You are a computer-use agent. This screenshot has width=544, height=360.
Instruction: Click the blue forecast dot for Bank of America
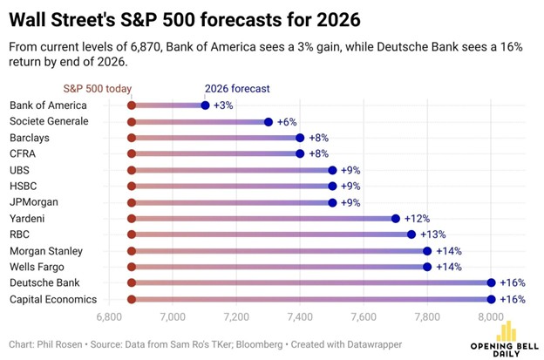tap(205, 105)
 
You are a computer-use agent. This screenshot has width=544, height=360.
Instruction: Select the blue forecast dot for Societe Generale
tap(269, 122)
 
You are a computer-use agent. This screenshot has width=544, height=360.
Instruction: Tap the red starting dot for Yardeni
tap(132, 219)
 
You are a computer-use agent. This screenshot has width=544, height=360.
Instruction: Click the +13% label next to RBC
tap(433, 234)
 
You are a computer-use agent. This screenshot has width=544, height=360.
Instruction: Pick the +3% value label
tap(224, 105)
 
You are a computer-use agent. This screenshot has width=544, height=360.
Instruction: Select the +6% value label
tap(288, 122)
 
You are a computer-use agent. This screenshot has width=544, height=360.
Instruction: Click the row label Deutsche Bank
tap(43, 283)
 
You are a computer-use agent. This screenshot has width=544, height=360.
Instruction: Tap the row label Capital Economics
tap(51, 299)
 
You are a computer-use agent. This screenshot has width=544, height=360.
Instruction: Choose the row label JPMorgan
tap(35, 202)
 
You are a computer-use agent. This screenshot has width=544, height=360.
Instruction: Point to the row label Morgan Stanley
tap(45, 251)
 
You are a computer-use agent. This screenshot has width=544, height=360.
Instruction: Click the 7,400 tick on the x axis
tap(300, 316)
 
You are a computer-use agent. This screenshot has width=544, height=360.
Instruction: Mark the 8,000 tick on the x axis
tap(491, 316)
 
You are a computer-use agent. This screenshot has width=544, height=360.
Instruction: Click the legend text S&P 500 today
tap(100, 88)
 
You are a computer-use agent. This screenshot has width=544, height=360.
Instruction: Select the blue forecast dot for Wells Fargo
tap(427, 267)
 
